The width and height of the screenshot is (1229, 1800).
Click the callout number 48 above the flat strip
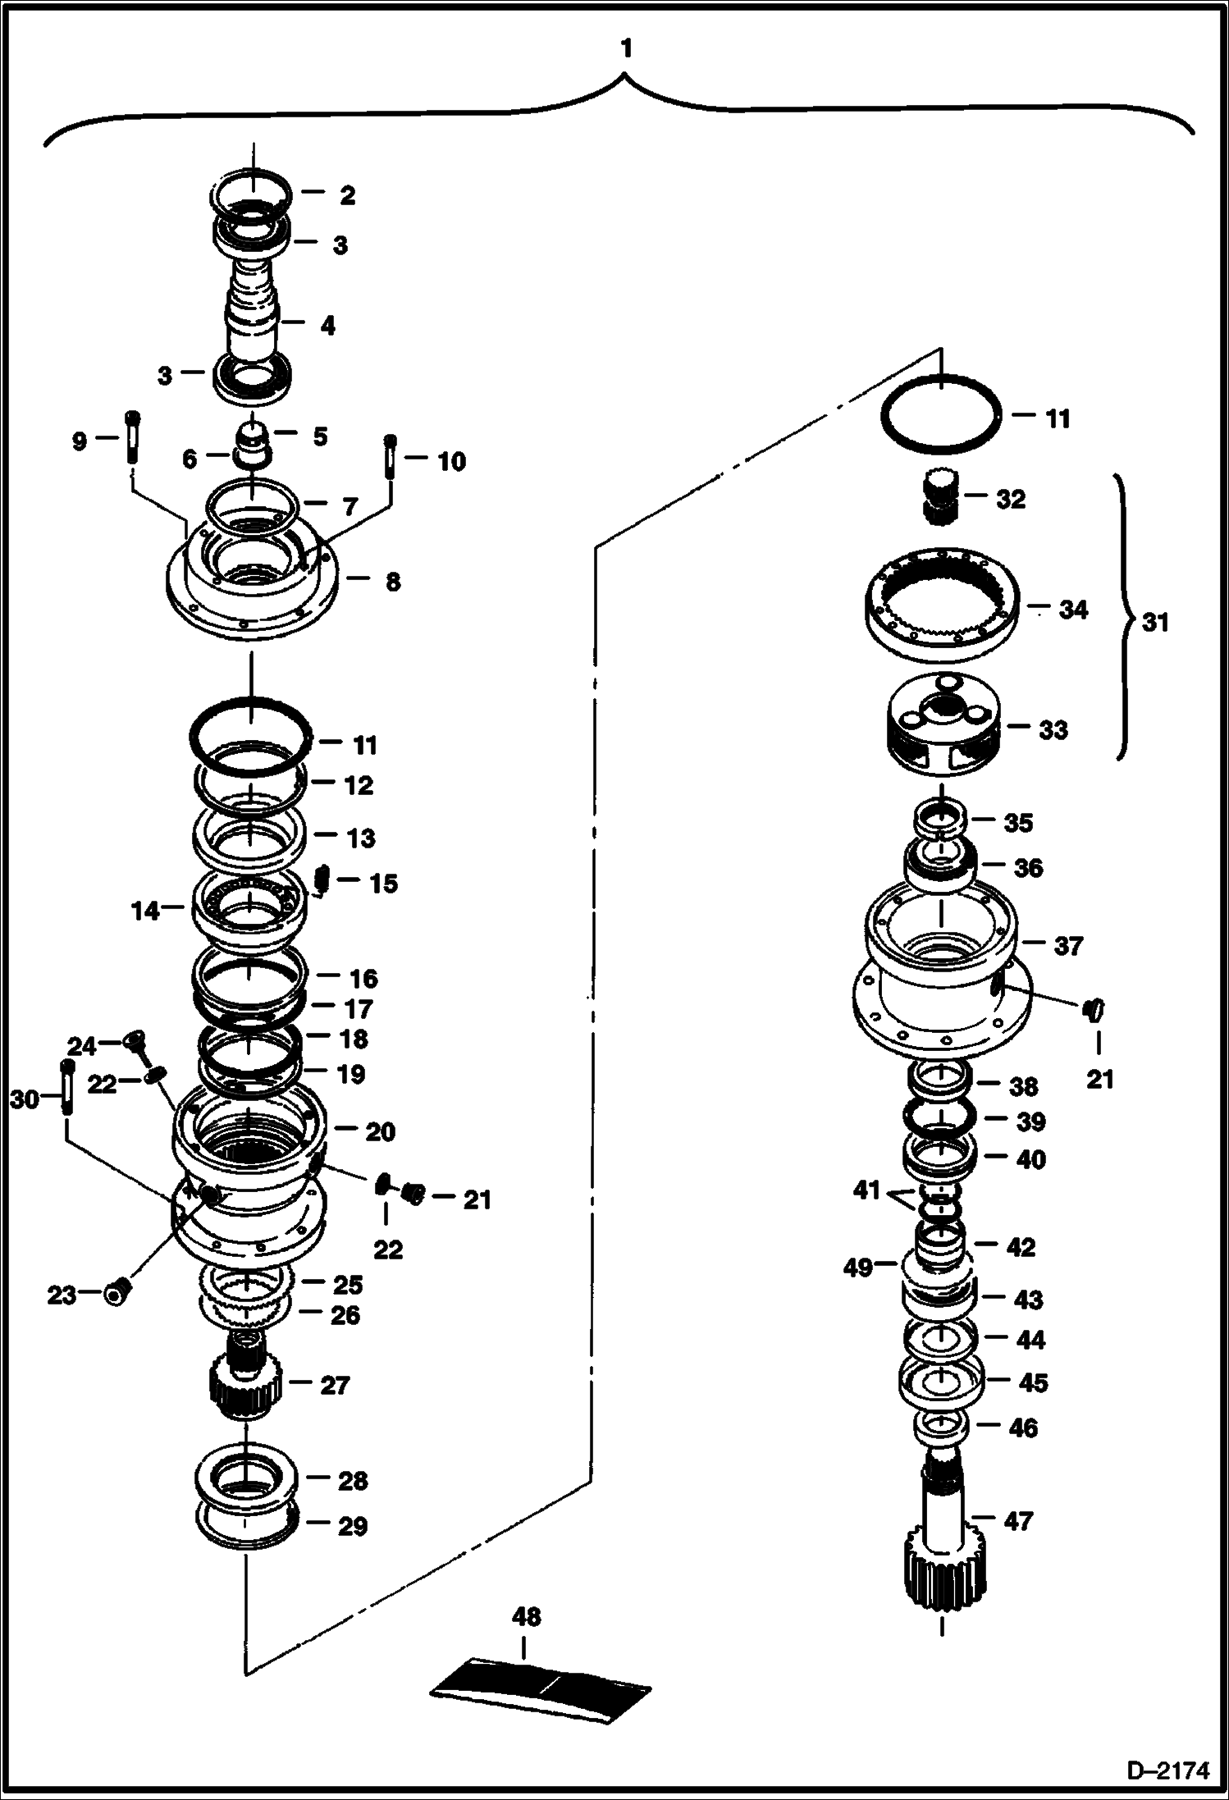point(526,1617)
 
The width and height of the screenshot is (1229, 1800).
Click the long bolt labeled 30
point(65,1086)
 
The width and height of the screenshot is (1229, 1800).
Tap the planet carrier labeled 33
point(943,722)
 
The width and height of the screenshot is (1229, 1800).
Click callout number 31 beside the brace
point(1155,623)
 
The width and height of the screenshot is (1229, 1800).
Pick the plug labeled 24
point(134,1042)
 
